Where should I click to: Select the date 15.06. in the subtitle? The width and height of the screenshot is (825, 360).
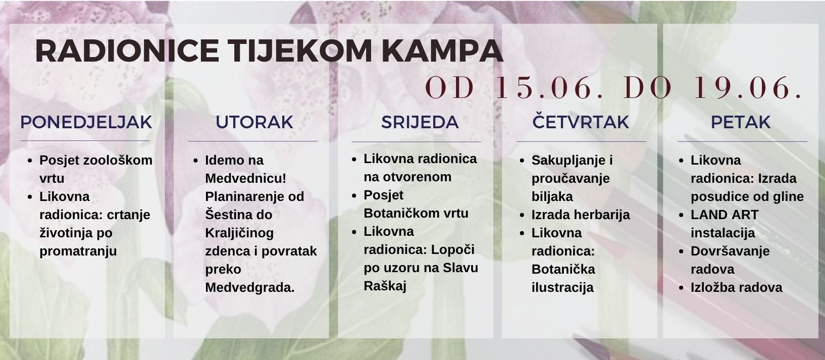point(549,88)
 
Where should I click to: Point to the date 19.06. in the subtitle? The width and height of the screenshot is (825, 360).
point(748,88)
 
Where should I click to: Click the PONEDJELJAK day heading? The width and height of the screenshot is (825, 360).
point(86,122)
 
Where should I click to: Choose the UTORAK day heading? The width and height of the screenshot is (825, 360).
point(254,122)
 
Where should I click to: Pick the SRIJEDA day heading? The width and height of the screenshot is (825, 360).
point(420,122)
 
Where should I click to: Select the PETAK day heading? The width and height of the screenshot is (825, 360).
point(740,122)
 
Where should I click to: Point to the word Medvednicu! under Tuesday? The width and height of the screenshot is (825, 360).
point(246,178)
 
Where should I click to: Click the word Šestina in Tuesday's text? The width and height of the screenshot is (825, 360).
point(226,214)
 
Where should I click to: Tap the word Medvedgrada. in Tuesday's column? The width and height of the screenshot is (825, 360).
point(250,288)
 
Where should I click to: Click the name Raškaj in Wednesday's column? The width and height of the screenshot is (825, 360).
point(385,286)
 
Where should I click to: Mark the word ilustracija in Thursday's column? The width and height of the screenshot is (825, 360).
point(562,288)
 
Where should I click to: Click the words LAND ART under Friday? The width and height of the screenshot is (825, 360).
point(725,215)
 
